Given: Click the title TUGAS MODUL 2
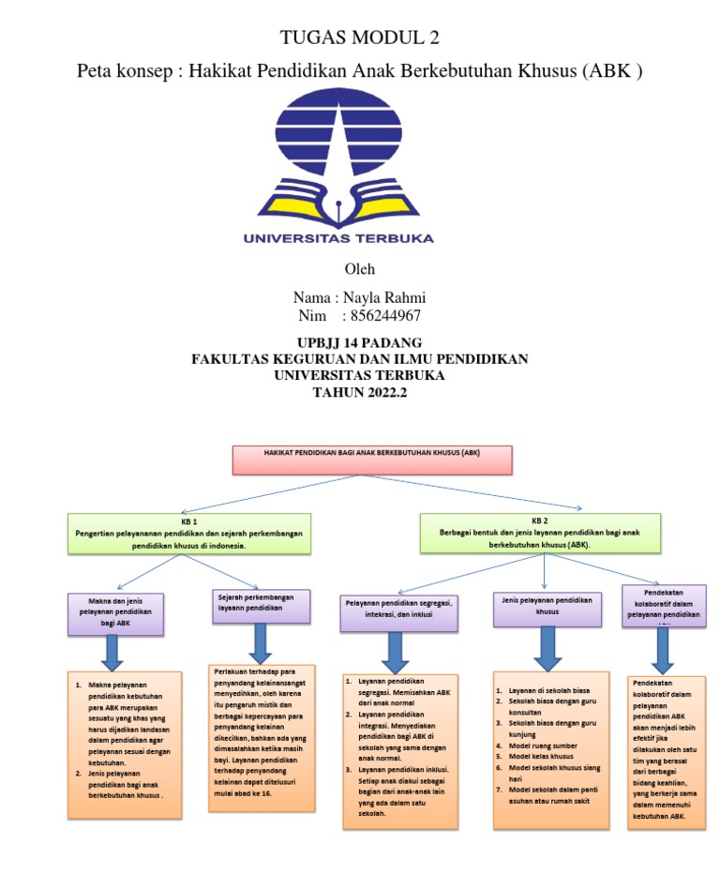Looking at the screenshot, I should [360, 38].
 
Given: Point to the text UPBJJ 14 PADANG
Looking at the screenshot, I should [359, 342].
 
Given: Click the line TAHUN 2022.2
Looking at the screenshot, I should [359, 393].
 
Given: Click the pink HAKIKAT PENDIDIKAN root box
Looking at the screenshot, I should [371, 460].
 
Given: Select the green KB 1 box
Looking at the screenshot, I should [189, 532].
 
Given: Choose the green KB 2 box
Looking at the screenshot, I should [541, 532].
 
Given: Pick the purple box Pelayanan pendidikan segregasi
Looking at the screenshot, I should [398, 610].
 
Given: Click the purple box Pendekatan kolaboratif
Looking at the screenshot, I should [664, 606].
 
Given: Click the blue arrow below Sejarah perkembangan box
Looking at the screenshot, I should [261, 642].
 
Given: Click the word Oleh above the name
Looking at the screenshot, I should [359, 269].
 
